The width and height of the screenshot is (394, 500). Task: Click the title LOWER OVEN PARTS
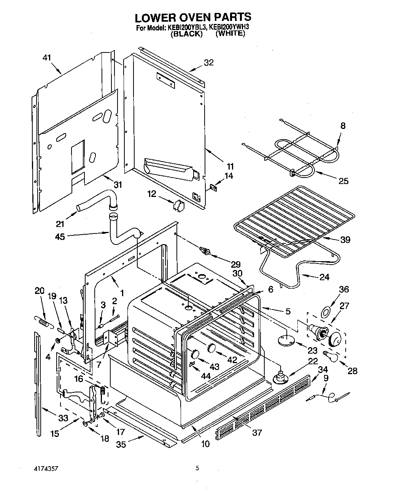coord(193,17)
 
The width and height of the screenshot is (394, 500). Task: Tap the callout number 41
coord(47,58)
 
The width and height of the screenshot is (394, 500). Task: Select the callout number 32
coord(208,63)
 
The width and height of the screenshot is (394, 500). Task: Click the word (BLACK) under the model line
coord(186,34)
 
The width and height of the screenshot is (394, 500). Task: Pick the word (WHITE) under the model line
coord(230,33)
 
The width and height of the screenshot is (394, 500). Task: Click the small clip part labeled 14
coord(213,187)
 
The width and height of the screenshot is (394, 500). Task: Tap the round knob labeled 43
coord(195,355)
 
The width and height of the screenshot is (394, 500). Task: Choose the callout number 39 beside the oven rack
coord(345,240)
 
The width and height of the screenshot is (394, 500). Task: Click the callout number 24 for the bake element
coord(324,277)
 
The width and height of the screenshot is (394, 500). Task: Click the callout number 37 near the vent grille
coord(257,432)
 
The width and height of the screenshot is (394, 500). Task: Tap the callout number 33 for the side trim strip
coord(63,418)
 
